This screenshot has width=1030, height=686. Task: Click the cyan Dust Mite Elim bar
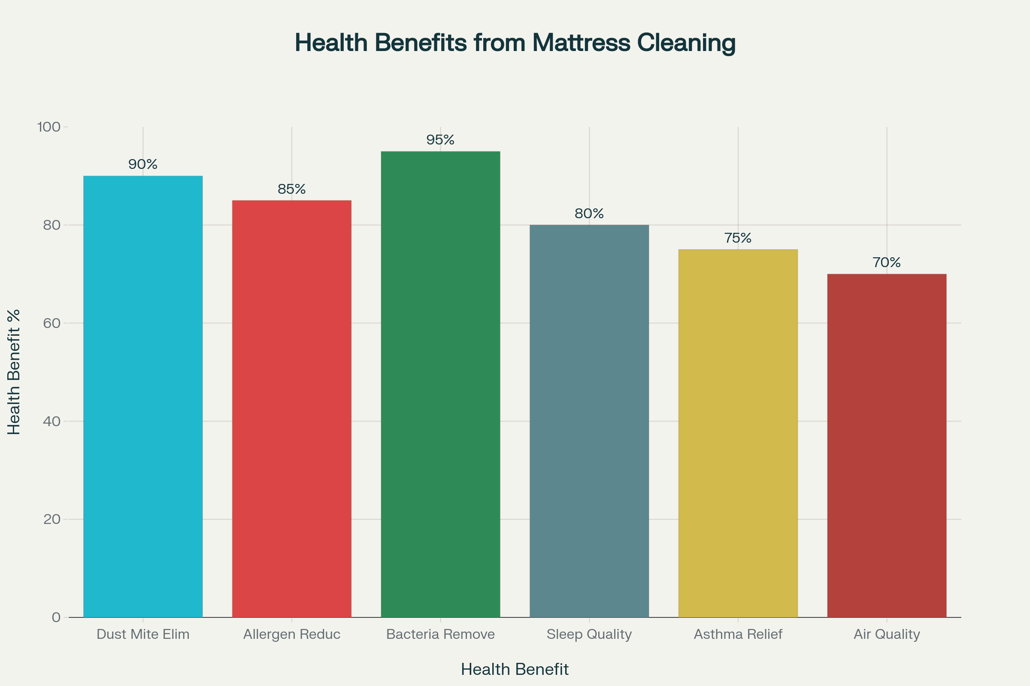point(143,396)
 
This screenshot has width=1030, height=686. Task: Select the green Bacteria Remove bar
point(440,384)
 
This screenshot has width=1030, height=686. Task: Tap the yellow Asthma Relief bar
point(738,433)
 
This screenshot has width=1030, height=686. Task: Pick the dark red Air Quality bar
point(886,445)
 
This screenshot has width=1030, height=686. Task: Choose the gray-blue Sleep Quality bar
point(589,421)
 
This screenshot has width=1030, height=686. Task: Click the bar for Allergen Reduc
point(292,409)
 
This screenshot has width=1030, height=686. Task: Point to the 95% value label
point(440,140)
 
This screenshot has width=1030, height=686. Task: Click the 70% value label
point(886,262)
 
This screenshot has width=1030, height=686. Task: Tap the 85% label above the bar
point(292,189)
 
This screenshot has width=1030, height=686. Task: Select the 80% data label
point(589,214)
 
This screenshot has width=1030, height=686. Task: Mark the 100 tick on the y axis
point(48,127)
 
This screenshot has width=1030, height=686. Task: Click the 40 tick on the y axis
point(51,421)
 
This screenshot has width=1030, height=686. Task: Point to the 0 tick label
point(56,617)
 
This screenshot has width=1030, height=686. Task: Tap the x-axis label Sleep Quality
point(589,635)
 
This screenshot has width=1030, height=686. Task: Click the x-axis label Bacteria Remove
point(440,635)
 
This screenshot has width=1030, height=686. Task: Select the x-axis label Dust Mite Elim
point(143,635)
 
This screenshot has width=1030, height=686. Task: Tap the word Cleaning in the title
point(686,43)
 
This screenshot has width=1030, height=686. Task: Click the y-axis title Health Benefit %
point(14,372)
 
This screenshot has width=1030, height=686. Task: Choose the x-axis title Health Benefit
point(515,670)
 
